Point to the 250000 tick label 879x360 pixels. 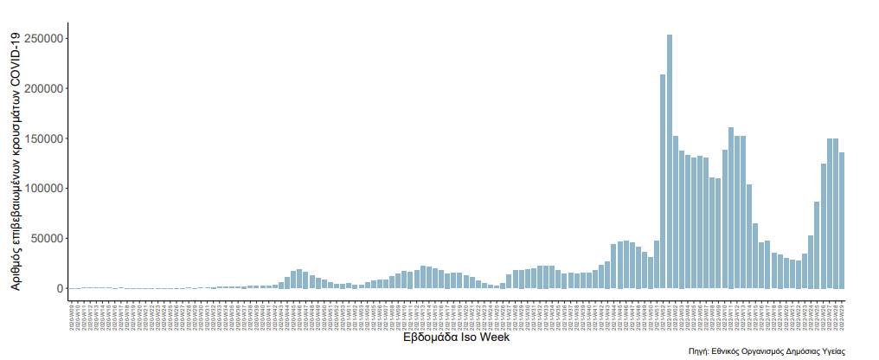pyautogui.click(x=43, y=39)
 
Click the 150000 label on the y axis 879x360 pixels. pyautogui.click(x=43, y=138)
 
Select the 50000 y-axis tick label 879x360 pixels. pyautogui.click(x=47, y=239)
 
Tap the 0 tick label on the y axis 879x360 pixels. pyautogui.click(x=59, y=288)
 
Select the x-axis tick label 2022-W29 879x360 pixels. pyautogui.click(x=842, y=313)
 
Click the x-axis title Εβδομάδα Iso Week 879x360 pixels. pyautogui.click(x=456, y=338)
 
